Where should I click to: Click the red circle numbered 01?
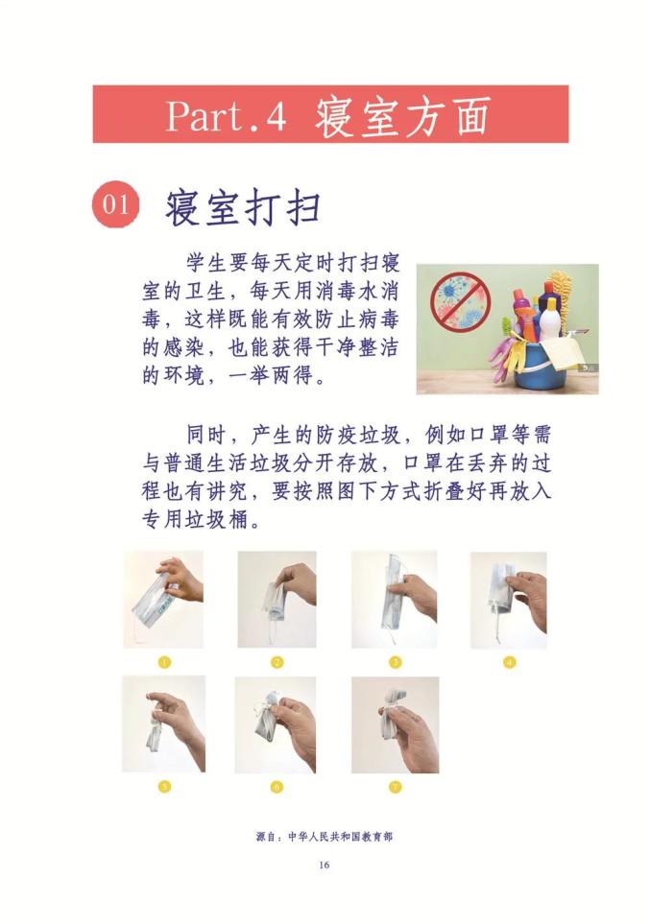115,203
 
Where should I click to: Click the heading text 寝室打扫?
244,207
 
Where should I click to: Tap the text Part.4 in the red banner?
226,115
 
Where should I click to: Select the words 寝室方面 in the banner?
403,116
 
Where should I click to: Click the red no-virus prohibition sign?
461,300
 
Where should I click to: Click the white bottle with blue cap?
550,319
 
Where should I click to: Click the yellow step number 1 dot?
164,662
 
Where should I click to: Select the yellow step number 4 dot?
509,662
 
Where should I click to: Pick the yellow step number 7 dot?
396,787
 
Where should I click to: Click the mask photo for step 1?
163,600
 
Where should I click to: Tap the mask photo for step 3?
395,600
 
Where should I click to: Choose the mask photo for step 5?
164,723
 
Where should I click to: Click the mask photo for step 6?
276,724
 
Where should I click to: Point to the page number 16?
324,865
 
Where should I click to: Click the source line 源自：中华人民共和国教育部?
324,836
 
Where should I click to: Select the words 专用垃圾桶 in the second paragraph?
195,519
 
